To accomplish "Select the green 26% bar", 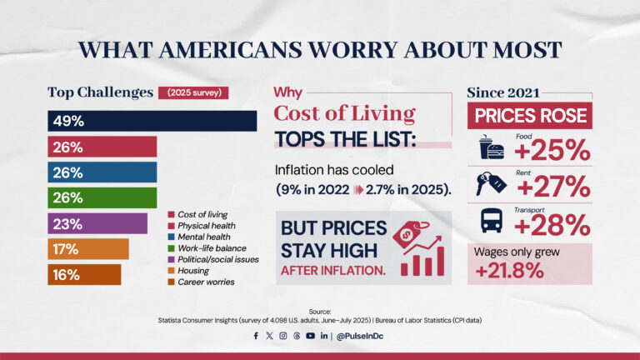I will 102,197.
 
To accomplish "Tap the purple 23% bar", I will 97,223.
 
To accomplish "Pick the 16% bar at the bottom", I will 83,274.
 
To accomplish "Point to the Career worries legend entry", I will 204,282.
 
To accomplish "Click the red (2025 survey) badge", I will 193,92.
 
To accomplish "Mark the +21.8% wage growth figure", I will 509,271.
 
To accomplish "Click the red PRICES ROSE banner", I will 529,116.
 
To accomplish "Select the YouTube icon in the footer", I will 310,336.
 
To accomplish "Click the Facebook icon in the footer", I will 256,336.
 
